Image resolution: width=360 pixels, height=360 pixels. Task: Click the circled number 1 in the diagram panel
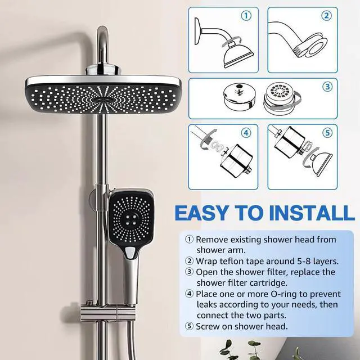tap(246, 16)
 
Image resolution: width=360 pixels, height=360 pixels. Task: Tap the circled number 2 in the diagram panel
tap(326, 16)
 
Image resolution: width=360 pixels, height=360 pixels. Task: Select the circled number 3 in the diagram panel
tap(327, 87)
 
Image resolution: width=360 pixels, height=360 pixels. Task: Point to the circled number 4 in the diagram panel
tap(246, 133)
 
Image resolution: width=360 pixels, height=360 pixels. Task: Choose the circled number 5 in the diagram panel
tap(327, 133)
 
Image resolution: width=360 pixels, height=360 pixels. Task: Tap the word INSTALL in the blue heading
tap(312, 213)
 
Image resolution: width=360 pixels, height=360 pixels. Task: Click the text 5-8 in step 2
tap(297, 261)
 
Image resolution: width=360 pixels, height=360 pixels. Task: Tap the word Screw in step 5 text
tap(208, 326)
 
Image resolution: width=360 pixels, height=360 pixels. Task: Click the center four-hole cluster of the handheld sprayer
tap(131, 219)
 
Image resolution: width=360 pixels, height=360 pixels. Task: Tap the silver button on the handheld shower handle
tap(130, 253)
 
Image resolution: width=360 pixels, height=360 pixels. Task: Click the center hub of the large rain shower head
tap(102, 100)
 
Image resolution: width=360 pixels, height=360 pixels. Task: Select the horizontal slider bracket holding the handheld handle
tap(108, 313)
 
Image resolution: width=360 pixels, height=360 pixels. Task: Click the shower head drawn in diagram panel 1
tap(238, 55)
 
